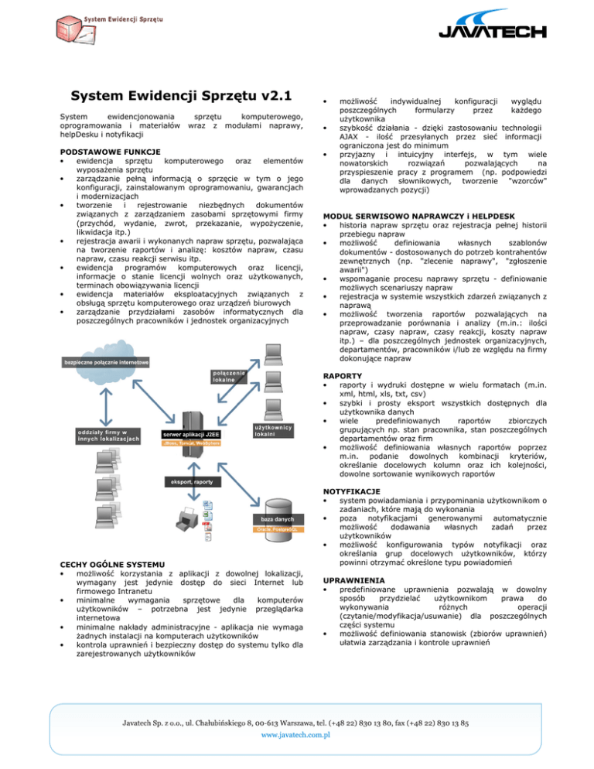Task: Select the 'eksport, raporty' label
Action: [193, 482]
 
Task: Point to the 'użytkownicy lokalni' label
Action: [273, 429]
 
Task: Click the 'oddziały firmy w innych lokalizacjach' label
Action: [108, 436]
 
